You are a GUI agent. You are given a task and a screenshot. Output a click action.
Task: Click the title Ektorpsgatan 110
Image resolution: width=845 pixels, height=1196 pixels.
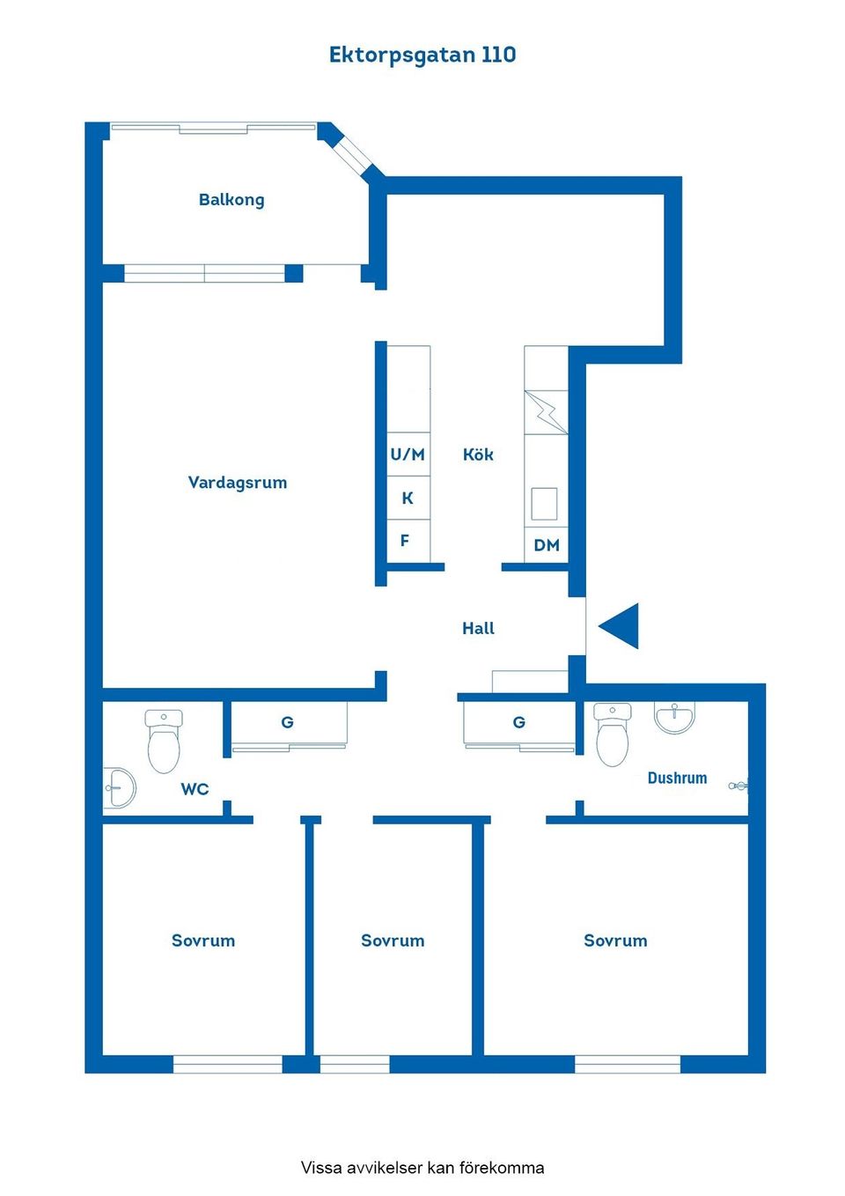[422, 55]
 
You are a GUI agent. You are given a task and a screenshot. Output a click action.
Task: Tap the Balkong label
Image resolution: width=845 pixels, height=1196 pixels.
[231, 200]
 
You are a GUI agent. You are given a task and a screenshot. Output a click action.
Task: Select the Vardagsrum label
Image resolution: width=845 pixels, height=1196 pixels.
[238, 483]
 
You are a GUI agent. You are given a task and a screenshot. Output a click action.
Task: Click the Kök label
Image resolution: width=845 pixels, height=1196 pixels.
[478, 454]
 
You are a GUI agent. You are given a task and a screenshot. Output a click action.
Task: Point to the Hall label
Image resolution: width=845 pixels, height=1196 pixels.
[478, 629]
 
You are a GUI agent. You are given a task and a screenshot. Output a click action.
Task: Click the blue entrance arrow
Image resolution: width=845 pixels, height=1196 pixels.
[621, 626]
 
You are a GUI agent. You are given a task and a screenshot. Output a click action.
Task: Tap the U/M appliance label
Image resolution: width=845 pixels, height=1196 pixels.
[408, 454]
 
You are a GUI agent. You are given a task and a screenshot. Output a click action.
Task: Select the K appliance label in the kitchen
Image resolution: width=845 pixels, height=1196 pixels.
[408, 498]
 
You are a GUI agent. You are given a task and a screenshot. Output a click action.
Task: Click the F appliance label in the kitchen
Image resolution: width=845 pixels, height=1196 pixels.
[405, 541]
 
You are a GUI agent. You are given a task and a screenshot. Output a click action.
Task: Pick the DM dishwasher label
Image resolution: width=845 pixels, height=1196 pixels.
[547, 545]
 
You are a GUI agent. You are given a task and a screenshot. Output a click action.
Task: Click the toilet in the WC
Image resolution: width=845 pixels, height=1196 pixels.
[164, 741]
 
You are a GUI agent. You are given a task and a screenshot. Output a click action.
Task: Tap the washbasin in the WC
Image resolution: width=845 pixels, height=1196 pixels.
[119, 787]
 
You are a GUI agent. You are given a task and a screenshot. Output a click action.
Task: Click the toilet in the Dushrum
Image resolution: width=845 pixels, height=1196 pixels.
[613, 735]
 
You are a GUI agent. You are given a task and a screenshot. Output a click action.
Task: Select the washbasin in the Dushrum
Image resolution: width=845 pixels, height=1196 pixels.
[675, 718]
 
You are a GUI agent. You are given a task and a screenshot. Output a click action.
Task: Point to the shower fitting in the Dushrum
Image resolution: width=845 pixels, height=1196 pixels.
[738, 786]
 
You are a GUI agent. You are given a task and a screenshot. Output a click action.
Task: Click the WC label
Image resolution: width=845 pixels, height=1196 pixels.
[195, 789]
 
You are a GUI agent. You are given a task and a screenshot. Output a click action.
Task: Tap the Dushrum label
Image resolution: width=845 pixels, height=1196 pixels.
[677, 778]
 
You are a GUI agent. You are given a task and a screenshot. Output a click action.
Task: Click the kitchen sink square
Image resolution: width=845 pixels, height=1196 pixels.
[544, 504]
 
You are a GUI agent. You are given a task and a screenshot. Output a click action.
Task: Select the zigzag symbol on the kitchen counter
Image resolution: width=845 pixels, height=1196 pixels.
[546, 412]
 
